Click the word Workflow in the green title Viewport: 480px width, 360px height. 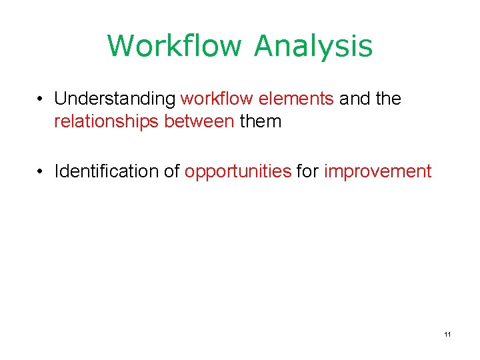(175, 46)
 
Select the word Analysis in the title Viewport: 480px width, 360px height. (313, 46)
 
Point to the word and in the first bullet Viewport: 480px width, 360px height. (354, 99)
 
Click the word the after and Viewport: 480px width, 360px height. (387, 99)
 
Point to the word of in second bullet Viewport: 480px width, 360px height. (172, 172)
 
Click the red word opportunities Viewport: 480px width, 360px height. (238, 172)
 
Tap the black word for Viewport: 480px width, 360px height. (307, 172)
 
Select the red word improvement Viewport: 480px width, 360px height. (377, 172)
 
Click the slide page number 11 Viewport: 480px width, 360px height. (447, 333)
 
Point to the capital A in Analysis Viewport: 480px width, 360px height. (266, 46)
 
